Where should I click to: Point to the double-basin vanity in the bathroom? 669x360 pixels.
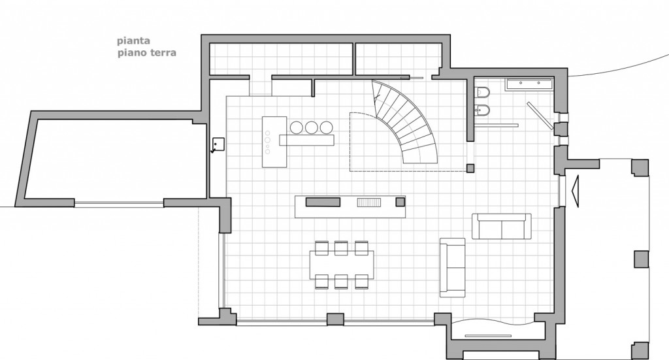[529, 83]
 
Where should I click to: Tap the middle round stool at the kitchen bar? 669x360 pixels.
[310, 127]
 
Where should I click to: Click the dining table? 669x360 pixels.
[342, 264]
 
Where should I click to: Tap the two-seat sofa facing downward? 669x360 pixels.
[501, 226]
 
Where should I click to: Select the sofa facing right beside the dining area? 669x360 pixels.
[452, 267]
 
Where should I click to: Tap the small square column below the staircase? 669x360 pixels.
[470, 168]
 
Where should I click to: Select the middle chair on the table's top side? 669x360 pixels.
[340, 247]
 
